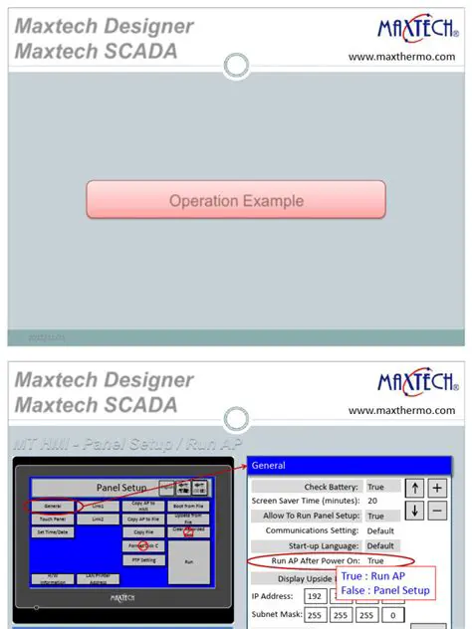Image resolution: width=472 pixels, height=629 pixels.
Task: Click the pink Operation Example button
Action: [x=235, y=200]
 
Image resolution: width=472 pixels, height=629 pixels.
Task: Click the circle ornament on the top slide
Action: [x=236, y=66]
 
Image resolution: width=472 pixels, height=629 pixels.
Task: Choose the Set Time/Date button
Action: [x=54, y=532]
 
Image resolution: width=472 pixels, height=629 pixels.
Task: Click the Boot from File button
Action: [x=188, y=506]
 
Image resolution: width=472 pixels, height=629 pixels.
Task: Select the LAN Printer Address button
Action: [x=98, y=578]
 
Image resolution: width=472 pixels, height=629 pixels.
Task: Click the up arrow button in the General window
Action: [x=415, y=488]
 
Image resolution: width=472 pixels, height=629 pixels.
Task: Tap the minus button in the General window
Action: [x=437, y=510]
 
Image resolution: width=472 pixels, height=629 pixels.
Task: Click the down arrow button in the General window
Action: [x=415, y=510]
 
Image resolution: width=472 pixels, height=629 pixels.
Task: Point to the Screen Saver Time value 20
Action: [x=372, y=501]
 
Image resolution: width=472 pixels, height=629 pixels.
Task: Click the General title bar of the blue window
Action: [x=354, y=465]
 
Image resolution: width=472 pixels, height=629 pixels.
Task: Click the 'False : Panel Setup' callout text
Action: [x=385, y=590]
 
